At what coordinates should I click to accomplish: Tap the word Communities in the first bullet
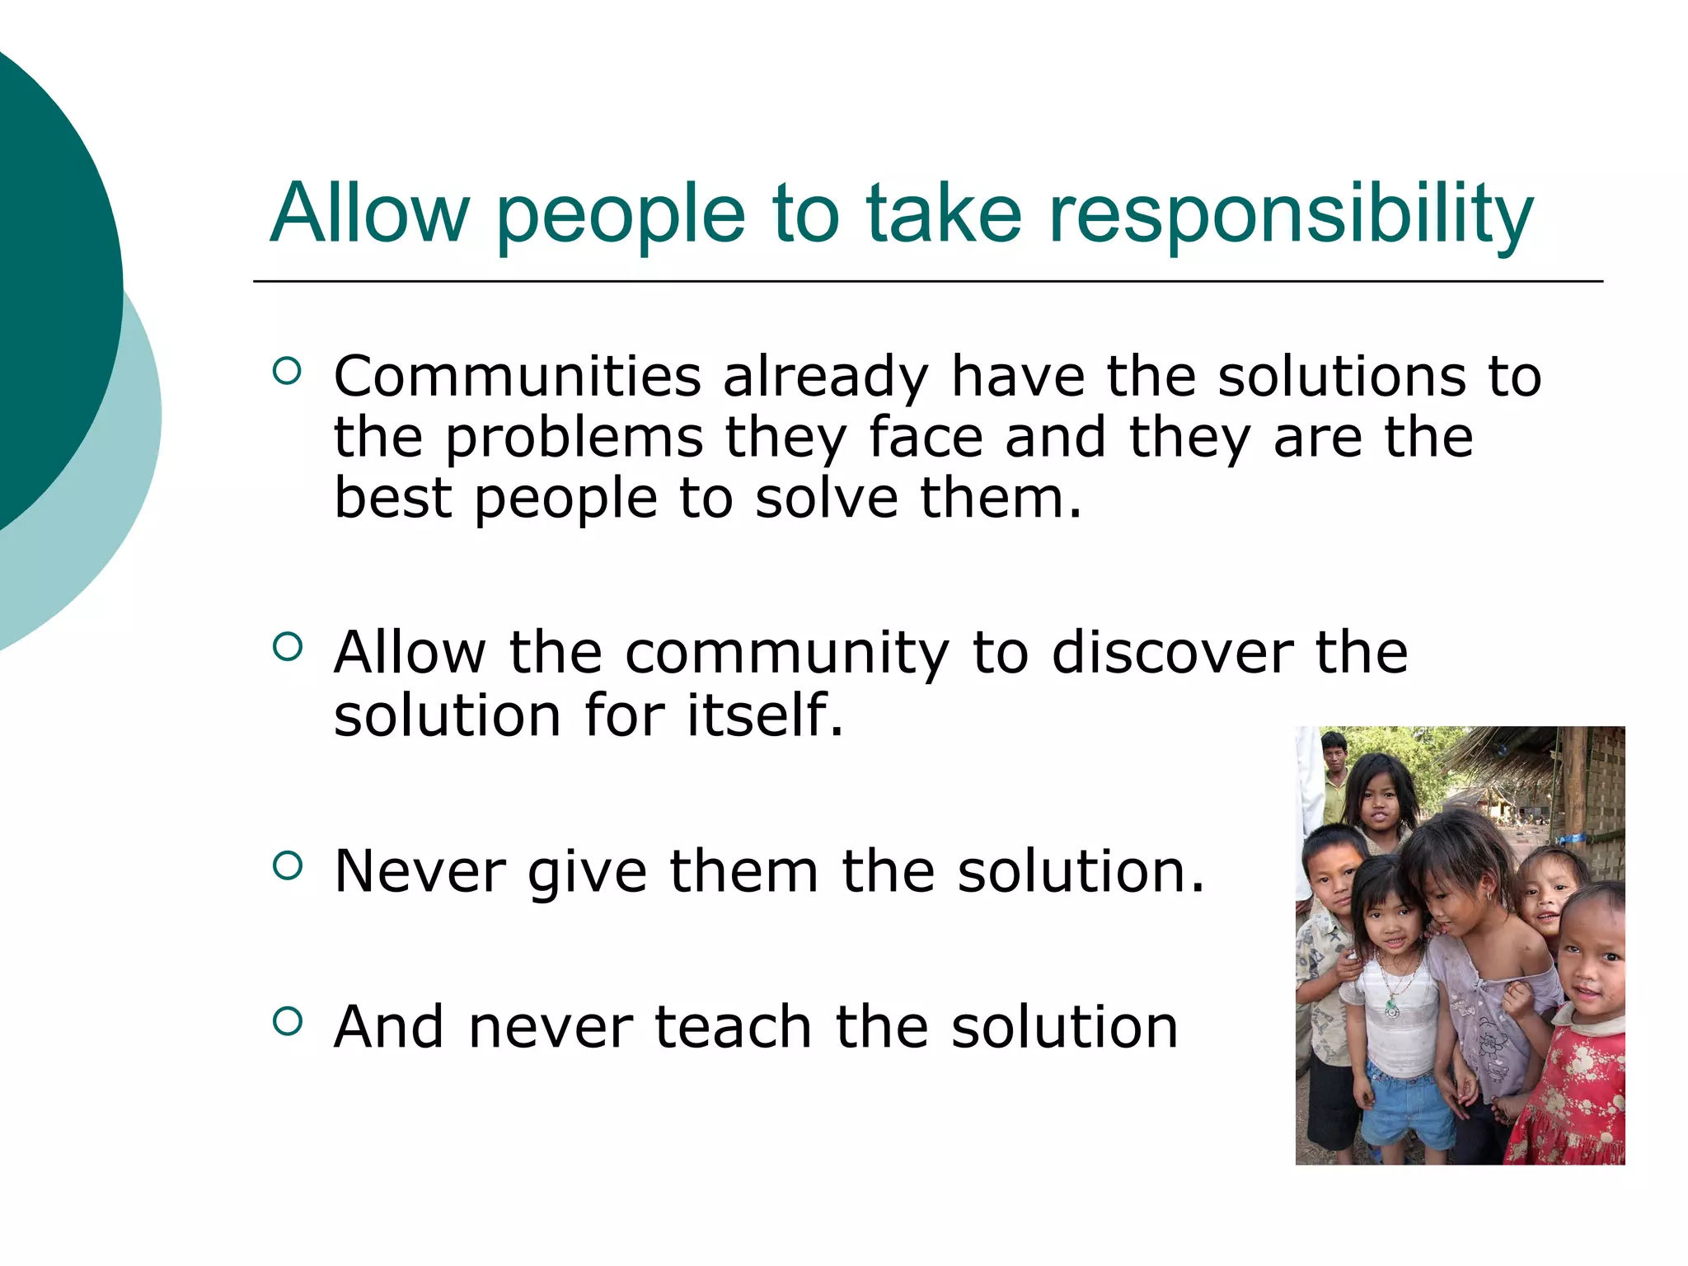pos(517,377)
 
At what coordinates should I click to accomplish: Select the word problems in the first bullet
pos(574,438)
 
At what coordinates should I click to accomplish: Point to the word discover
pos(1172,653)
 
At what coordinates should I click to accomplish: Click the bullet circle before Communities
pos(287,371)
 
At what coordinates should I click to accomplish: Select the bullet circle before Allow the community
pos(287,647)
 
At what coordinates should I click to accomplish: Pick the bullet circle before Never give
pos(287,865)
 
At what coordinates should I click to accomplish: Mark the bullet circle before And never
pos(287,1021)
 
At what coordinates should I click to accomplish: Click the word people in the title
pos(621,216)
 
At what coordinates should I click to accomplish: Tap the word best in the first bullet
pos(392,499)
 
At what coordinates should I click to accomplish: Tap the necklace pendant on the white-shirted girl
pos(1391,1007)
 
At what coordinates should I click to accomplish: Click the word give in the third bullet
pos(587,872)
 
